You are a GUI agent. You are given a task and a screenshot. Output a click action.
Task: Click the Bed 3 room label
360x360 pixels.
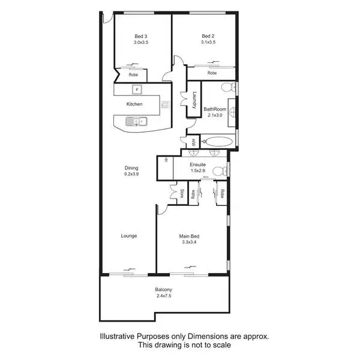point(140,37)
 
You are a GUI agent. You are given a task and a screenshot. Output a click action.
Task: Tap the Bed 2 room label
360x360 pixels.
point(208,37)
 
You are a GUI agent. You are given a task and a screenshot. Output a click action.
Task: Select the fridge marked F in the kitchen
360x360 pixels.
point(137,89)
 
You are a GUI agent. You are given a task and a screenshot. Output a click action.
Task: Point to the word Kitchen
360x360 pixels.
point(134,104)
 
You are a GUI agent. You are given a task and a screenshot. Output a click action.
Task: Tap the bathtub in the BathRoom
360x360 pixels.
point(216,142)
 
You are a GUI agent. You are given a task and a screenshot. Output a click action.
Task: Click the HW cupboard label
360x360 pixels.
point(194,143)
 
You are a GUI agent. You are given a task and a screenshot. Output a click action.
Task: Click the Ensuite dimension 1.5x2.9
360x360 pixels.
point(197,171)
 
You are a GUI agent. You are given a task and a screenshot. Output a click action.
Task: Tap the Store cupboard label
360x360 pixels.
point(182,193)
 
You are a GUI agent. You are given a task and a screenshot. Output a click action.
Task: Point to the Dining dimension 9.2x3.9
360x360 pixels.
point(131,175)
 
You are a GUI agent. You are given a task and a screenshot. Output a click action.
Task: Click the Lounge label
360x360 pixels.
point(129,236)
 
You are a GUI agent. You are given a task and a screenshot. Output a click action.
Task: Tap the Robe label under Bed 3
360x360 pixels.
point(133,74)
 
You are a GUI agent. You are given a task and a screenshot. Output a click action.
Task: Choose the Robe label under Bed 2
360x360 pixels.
point(212,73)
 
